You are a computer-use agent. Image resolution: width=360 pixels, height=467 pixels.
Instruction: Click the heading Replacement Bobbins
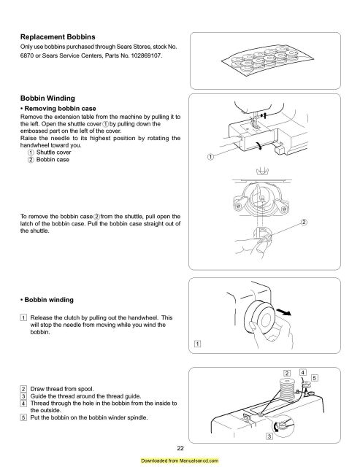click(x=58, y=37)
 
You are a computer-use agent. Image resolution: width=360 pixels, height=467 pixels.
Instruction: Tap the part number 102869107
click(x=146, y=55)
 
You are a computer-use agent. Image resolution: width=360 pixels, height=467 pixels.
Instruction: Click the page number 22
click(x=180, y=448)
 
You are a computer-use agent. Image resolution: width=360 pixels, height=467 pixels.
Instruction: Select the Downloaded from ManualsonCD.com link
click(x=180, y=460)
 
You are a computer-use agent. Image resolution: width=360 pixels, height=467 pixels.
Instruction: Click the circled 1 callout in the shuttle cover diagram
click(x=210, y=157)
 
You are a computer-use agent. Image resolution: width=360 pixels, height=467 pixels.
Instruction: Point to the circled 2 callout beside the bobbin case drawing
click(x=304, y=222)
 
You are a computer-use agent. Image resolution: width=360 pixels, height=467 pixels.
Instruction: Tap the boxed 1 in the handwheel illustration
click(x=198, y=344)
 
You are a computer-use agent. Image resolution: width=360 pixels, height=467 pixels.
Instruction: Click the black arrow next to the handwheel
click(x=284, y=312)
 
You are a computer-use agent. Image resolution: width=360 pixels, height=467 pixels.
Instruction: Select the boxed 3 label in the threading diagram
click(x=269, y=436)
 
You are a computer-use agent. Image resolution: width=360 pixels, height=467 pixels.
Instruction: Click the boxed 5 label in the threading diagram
click(x=315, y=378)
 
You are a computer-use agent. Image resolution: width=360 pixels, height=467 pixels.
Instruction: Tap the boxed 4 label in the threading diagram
click(x=303, y=372)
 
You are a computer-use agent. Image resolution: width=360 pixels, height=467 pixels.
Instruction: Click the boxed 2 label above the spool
click(x=287, y=373)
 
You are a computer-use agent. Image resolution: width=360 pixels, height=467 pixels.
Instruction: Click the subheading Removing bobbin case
click(x=60, y=109)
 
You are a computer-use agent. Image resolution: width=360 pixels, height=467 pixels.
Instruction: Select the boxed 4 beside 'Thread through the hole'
click(x=23, y=404)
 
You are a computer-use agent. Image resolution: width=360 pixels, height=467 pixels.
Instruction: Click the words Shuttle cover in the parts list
click(x=53, y=153)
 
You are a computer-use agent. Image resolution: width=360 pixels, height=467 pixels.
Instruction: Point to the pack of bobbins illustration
click(x=267, y=61)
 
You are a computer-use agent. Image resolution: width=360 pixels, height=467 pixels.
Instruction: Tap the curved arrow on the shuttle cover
click(x=259, y=145)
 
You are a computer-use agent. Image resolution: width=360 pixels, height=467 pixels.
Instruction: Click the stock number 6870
click(x=27, y=55)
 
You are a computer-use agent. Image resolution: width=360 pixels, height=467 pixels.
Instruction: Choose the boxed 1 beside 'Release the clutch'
click(x=23, y=317)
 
